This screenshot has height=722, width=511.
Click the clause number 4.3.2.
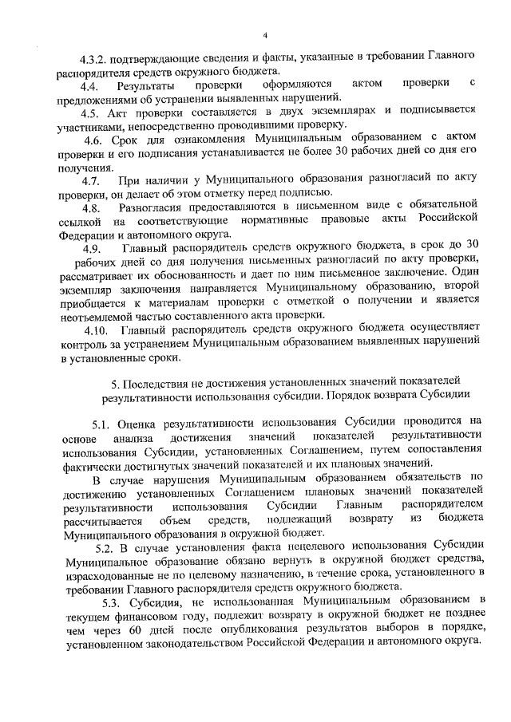pos(93,57)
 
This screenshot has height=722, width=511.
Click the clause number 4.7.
pos(84,181)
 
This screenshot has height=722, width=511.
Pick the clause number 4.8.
pos(84,207)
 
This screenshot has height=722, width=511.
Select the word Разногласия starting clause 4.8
pos(149,207)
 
